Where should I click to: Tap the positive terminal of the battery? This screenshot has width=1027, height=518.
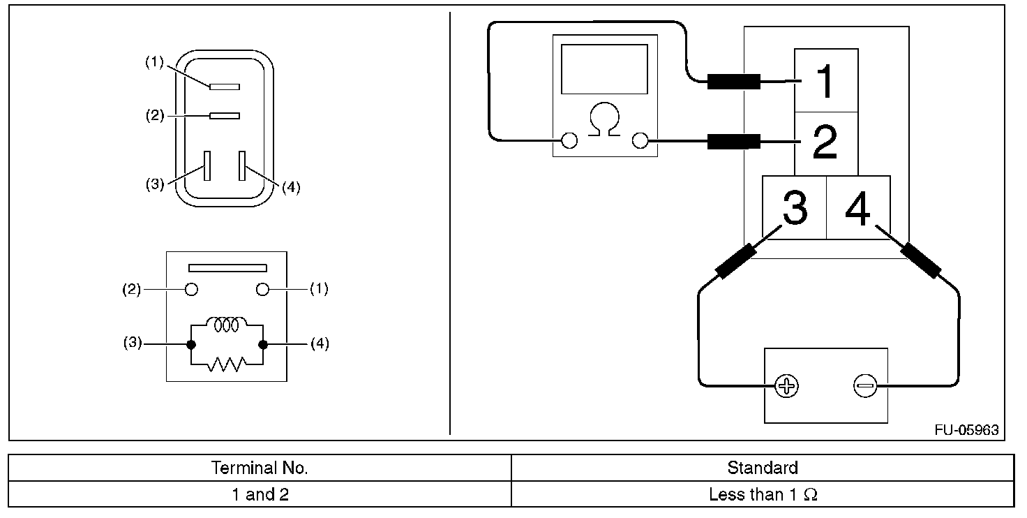786,386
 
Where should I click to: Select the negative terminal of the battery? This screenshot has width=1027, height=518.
866,386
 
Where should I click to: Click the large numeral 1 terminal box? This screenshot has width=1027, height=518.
826,80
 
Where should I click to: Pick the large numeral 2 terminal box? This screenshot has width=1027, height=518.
826,144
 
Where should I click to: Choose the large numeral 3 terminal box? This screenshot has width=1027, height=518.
794,207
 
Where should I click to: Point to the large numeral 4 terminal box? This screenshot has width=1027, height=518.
858,207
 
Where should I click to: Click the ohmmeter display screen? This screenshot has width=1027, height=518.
604,69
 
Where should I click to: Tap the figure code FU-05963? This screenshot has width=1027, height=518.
966,430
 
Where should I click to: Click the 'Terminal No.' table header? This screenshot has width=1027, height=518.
260,468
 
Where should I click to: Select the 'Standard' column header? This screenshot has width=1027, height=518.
763,468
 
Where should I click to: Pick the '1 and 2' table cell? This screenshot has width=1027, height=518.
260,494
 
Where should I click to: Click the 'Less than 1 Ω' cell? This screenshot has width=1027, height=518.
763,494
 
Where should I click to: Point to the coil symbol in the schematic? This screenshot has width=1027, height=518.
227,324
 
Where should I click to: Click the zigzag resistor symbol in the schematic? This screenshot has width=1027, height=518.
227,364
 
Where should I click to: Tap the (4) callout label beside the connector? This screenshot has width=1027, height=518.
291,187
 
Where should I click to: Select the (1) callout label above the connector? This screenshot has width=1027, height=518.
154,62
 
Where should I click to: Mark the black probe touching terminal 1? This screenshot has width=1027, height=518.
733,81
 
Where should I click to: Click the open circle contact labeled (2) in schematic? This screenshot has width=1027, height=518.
191,290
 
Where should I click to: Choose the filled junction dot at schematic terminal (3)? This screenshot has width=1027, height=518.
191,345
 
